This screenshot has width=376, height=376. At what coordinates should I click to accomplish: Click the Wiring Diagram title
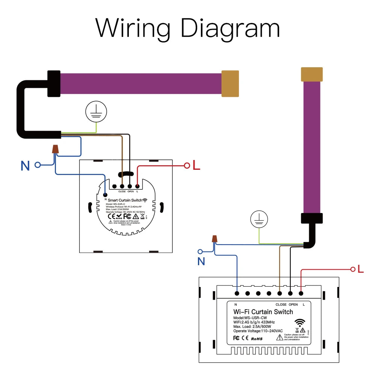coord(188,28)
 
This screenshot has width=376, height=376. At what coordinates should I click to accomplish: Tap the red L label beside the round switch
coord(196,165)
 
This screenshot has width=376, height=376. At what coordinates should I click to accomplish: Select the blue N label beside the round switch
coord(25,166)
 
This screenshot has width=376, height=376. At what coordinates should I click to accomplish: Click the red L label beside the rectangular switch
coord(361,269)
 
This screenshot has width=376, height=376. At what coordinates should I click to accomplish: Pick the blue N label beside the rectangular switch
coord(201,261)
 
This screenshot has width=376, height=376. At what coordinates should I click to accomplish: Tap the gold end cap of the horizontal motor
coord(230,83)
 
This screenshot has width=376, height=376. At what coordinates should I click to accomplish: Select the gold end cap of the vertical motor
coord(312,74)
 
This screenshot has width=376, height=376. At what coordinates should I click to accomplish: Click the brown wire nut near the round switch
coord(56,149)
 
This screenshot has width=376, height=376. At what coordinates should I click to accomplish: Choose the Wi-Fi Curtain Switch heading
coord(263,312)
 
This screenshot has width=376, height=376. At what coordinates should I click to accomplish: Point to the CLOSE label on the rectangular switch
coord(281,304)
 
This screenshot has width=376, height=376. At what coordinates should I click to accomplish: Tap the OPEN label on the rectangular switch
coord(293,304)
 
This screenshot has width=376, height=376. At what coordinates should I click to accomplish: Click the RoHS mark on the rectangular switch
coord(257,338)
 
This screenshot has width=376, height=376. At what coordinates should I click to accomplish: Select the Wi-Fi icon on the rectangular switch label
coord(300,323)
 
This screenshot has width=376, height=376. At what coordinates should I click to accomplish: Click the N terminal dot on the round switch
coord(106,194)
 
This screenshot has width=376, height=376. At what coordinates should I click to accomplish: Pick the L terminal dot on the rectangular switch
coord(301,293)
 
